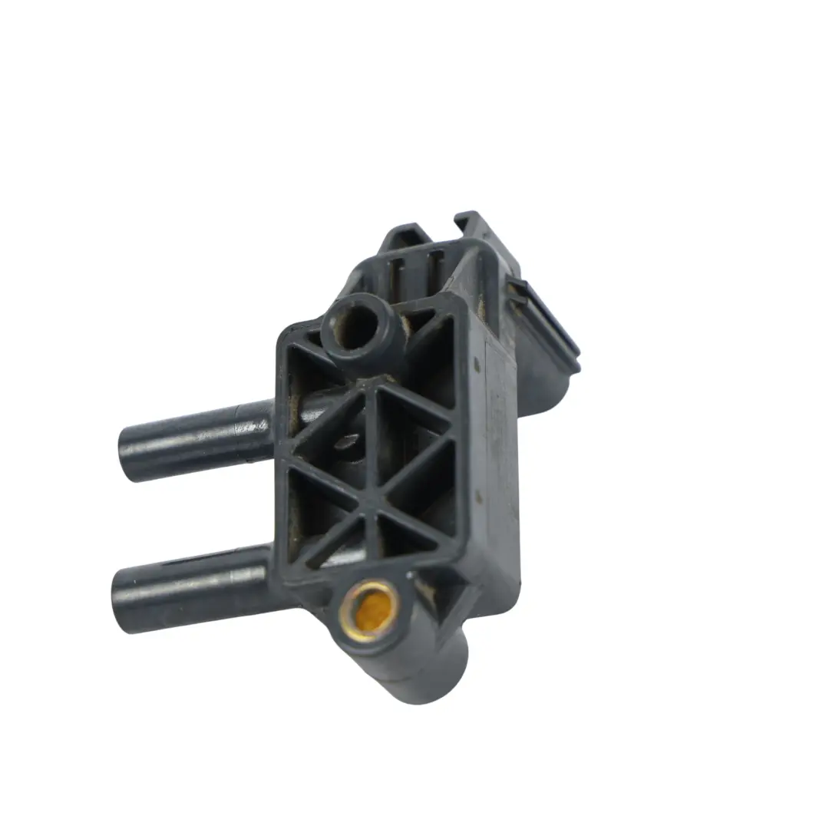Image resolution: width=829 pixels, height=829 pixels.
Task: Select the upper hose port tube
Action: click(196, 439)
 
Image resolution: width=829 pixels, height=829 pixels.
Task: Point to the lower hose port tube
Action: click(192, 587)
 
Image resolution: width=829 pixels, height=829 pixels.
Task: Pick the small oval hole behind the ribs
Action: click(349, 441)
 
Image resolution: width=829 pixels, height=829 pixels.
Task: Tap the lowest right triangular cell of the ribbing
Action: click(411, 537)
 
